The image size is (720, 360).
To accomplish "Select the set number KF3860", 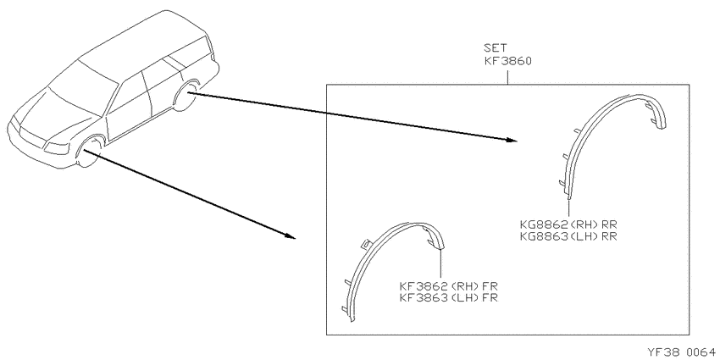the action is pos(508,62).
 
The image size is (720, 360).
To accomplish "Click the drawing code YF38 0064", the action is pos(681,352).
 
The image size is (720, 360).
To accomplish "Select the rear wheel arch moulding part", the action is pos(597,124).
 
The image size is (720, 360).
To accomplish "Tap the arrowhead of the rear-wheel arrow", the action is pos(512,141).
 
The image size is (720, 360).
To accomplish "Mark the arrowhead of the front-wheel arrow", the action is pos(290,236).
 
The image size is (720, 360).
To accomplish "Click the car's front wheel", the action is pos(89,152).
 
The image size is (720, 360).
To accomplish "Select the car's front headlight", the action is pos(57,147).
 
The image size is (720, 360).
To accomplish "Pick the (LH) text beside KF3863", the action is pos(465,296).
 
